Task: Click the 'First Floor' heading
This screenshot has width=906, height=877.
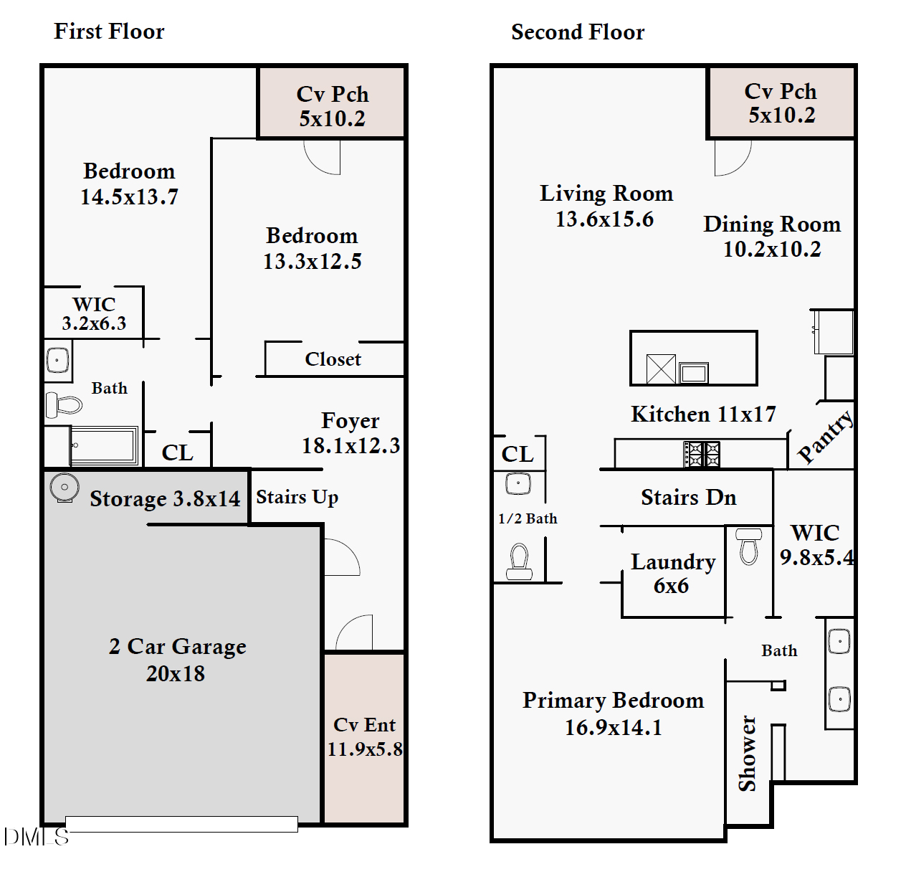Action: (109, 32)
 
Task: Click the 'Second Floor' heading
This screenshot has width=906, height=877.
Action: (578, 32)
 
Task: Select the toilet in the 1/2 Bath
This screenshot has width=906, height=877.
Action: (519, 561)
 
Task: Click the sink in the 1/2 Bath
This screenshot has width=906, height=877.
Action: (518, 483)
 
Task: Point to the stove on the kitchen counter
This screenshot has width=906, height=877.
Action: (702, 454)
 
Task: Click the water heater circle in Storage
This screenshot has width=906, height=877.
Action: (65, 488)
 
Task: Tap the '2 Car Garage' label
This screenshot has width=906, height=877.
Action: (177, 647)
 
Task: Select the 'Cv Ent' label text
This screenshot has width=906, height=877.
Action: (364, 725)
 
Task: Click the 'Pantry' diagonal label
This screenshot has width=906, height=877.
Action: (825, 436)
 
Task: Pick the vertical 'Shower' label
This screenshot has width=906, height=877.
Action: (748, 753)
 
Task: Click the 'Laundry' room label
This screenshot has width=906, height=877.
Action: (673, 562)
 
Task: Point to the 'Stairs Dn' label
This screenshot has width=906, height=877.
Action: (688, 498)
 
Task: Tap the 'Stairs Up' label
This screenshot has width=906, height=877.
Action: (297, 497)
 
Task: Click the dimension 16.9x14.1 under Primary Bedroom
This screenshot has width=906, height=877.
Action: (613, 728)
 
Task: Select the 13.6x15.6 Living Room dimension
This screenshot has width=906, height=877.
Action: (604, 219)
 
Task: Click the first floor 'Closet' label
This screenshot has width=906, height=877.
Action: (333, 359)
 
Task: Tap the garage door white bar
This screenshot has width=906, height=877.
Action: (181, 824)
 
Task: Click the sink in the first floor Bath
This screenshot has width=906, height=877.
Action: (57, 360)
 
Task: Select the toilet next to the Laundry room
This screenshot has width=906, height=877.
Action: (748, 547)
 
